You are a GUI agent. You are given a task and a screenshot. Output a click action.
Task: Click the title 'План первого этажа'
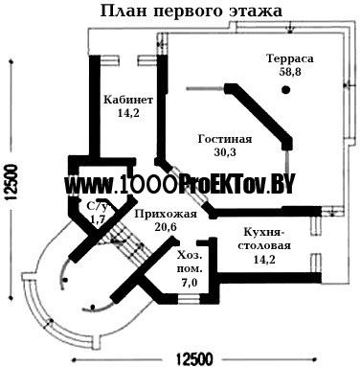coord(191,11)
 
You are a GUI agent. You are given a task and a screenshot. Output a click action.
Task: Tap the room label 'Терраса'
coord(290,58)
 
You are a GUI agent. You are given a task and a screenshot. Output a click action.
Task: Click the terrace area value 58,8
coord(290,72)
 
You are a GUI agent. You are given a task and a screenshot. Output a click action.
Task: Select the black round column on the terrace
coord(286,90)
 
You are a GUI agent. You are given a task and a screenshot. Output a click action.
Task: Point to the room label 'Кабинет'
coord(128,100)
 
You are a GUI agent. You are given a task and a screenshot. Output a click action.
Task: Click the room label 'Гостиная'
coord(225,139)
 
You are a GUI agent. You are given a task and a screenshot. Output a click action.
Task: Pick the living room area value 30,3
coord(225,152)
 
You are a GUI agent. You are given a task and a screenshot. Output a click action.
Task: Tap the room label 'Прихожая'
coord(166,214)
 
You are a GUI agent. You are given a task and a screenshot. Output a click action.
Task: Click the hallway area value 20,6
coord(166,227)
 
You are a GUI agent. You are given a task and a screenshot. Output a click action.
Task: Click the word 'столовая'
coord(265,246)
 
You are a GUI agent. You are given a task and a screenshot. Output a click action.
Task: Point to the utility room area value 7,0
coord(190,283)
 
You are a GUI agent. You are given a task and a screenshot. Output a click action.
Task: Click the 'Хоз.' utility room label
coord(191,256)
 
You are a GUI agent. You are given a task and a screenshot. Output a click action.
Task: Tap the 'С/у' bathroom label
coord(98,206)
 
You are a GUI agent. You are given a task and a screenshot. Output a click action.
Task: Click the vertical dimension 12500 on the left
coord(11,182)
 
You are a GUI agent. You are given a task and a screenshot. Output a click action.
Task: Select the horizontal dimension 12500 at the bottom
coord(194,359)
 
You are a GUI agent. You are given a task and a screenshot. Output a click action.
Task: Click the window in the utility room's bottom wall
coord(189,299)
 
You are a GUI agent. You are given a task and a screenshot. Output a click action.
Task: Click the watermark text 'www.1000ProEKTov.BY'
coord(179,185)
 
